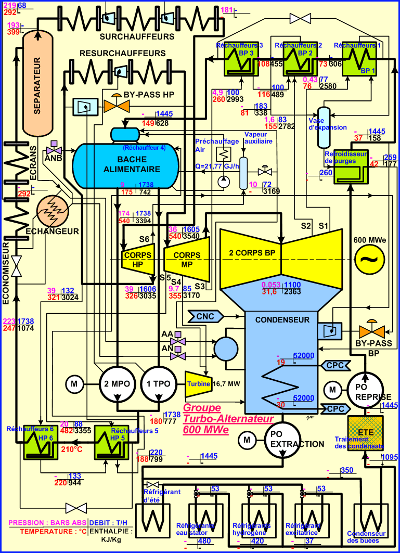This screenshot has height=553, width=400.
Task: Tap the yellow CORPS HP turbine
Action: click(138, 259)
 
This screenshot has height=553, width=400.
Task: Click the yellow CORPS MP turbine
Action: click(186, 259)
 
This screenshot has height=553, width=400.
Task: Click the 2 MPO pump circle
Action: click(118, 384)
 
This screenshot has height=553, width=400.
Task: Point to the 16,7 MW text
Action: click(227, 384)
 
